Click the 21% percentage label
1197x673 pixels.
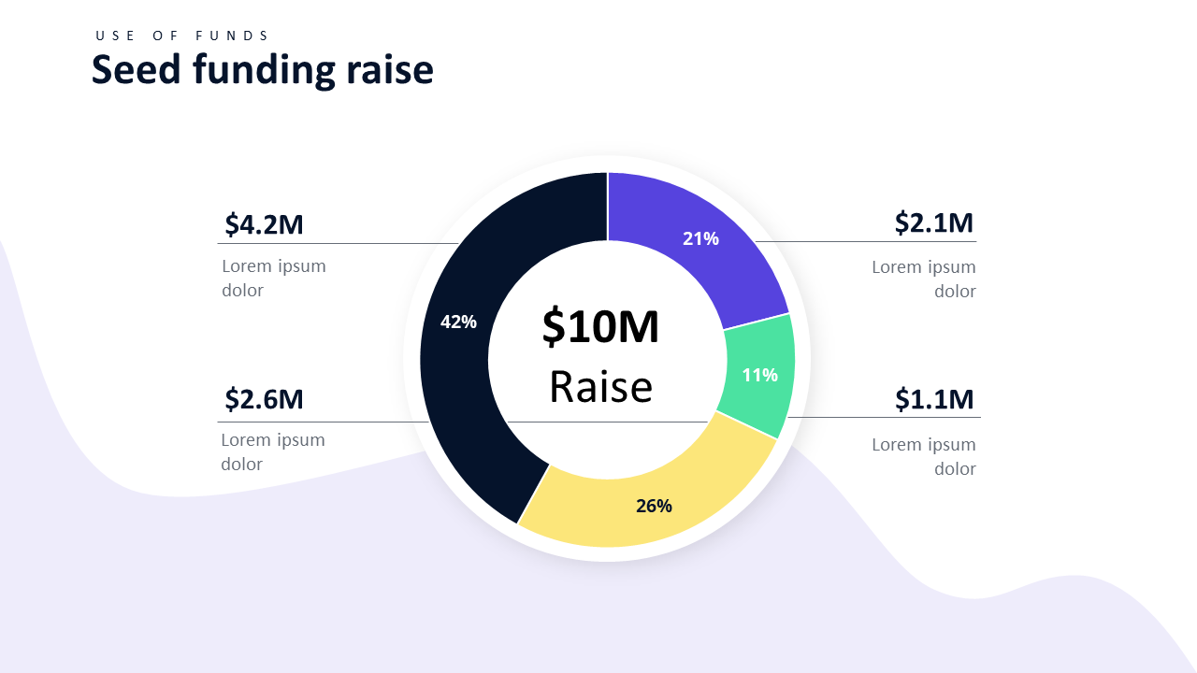point(700,238)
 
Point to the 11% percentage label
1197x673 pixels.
point(759,375)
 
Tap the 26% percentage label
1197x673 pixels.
point(654,506)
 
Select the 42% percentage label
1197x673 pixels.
point(458,322)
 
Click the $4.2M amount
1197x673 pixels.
point(264,224)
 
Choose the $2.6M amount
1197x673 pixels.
point(264,399)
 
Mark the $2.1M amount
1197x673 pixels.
point(933,222)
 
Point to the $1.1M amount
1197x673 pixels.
point(933,399)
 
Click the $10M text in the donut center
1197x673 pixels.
point(600,327)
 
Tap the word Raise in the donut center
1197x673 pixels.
point(600,387)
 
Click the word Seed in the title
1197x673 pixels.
point(137,70)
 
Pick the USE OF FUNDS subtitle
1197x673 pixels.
point(182,36)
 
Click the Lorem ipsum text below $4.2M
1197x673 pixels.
point(273,278)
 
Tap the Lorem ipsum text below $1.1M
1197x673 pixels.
point(924,456)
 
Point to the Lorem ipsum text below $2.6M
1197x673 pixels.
point(272,451)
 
